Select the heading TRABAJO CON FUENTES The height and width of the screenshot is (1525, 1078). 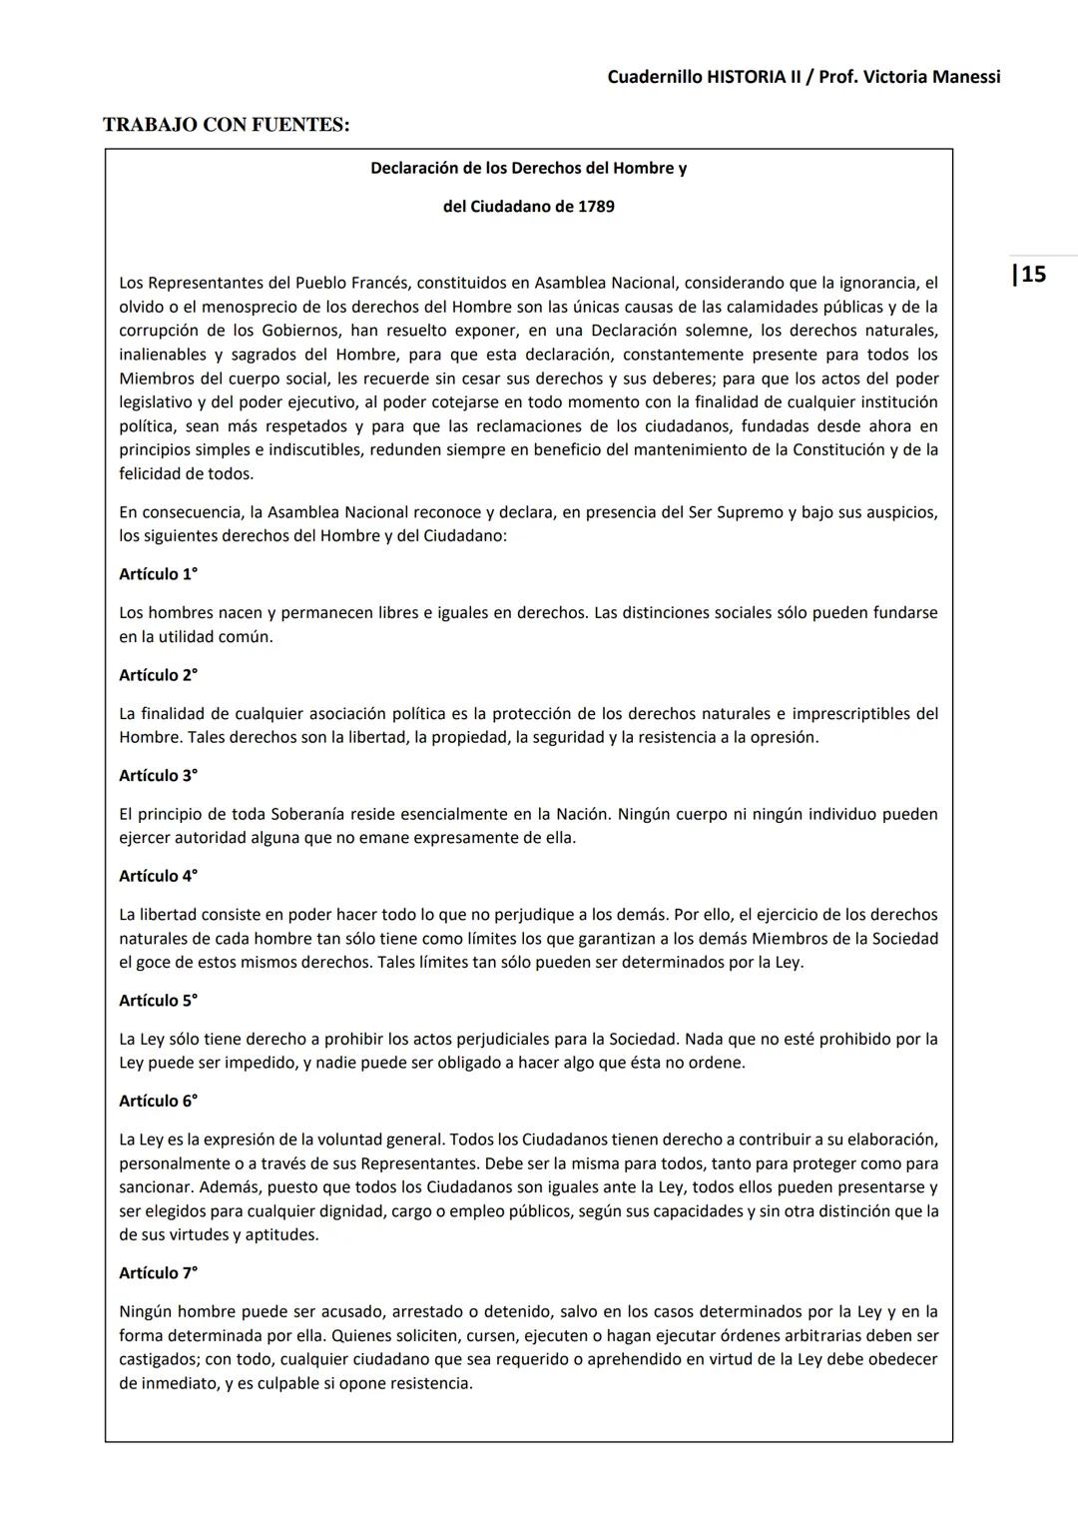click(226, 125)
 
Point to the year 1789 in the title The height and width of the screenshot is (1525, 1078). click(596, 207)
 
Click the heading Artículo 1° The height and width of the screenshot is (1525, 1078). click(158, 574)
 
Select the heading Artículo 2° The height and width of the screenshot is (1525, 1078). click(158, 675)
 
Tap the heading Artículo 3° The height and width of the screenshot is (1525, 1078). click(158, 776)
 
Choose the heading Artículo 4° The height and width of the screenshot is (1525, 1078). click(158, 876)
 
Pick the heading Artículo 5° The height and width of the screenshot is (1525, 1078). click(158, 1001)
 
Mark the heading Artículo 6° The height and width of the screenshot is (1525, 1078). click(158, 1101)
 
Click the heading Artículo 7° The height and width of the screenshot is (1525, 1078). click(158, 1273)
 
